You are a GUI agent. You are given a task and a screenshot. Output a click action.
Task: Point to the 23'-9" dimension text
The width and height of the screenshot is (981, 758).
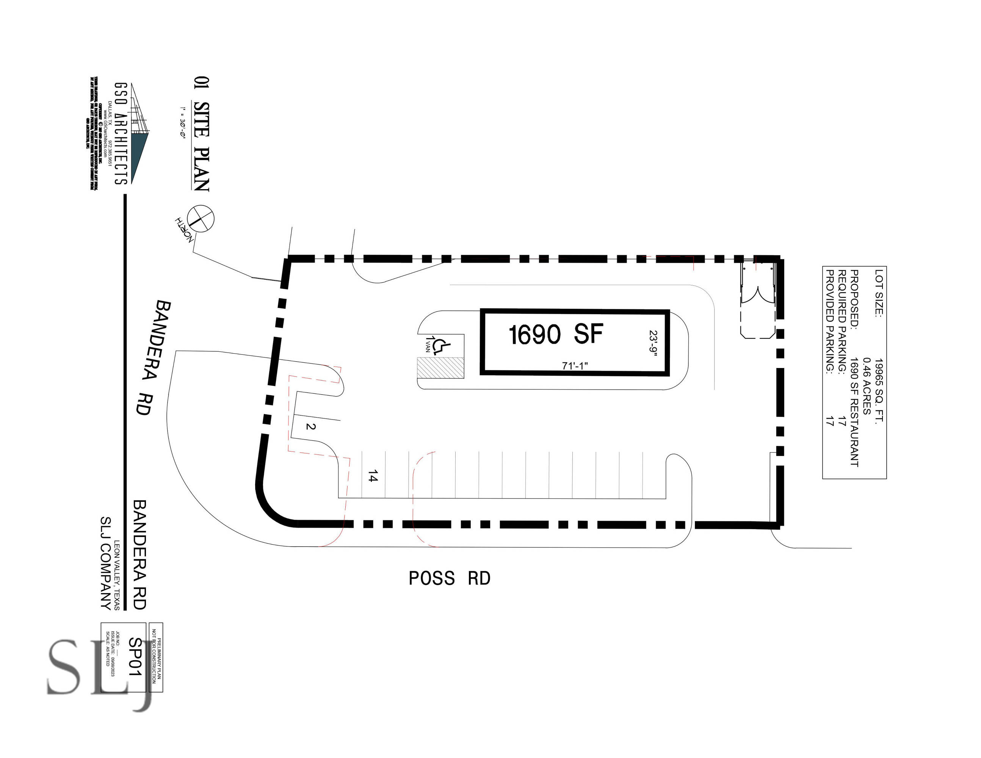pyautogui.click(x=653, y=343)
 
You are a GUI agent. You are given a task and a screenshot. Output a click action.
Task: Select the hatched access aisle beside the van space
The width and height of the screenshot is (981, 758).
pyautogui.click(x=440, y=368)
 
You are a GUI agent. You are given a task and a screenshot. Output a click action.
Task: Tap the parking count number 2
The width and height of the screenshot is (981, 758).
pyautogui.click(x=310, y=426)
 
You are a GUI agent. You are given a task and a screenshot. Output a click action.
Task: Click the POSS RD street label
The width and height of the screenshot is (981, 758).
pyautogui.click(x=449, y=578)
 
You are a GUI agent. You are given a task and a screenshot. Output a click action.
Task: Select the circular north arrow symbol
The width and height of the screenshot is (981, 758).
pyautogui.click(x=201, y=219)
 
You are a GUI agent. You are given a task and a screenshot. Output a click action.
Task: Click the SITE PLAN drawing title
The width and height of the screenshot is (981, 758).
pyautogui.click(x=202, y=146)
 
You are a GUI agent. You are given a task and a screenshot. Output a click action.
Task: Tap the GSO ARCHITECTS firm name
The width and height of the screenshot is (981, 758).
pyautogui.click(x=121, y=134)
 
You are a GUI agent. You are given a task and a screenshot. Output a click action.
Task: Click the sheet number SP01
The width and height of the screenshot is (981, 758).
pyautogui.click(x=135, y=657)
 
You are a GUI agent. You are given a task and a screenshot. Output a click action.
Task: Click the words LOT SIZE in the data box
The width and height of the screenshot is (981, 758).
pyautogui.click(x=879, y=293)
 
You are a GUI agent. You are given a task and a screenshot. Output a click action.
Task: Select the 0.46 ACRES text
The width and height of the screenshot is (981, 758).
pyautogui.click(x=867, y=386)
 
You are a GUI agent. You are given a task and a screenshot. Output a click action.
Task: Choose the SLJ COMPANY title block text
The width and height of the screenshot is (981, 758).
pyautogui.click(x=105, y=563)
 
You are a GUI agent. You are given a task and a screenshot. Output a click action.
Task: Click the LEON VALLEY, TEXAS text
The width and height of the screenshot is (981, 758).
pyautogui.click(x=117, y=575)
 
